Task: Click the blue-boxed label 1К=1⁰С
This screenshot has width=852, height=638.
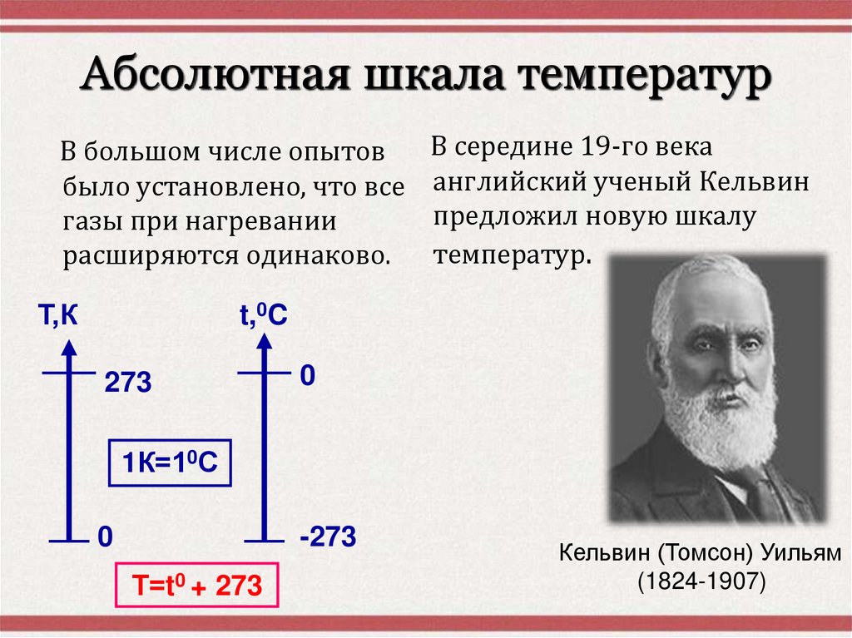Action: click(x=170, y=465)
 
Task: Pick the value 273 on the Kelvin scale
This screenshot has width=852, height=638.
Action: click(x=127, y=383)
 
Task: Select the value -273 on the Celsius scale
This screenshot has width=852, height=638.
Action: click(x=328, y=537)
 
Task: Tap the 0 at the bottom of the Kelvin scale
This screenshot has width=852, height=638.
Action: click(x=104, y=537)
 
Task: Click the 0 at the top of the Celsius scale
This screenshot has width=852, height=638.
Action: click(x=307, y=376)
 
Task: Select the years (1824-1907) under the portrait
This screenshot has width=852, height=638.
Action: click(x=701, y=581)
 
